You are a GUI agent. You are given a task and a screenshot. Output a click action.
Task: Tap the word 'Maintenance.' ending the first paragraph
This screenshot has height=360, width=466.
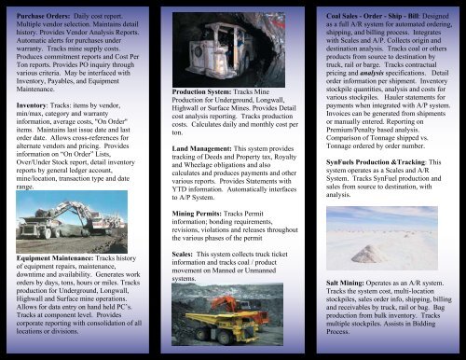pos(40,90)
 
